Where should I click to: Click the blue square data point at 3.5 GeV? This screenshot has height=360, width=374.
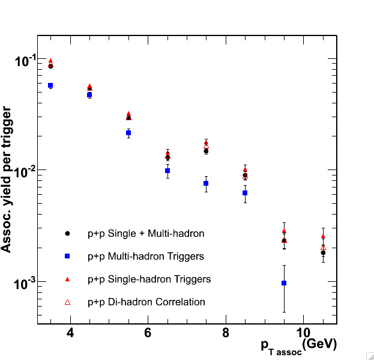pyautogui.click(x=50, y=85)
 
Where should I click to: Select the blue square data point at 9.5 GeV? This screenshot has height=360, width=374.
pyautogui.click(x=284, y=282)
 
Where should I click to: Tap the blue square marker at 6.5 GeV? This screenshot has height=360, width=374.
pyautogui.click(x=167, y=171)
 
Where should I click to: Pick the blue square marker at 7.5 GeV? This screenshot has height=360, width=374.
pyautogui.click(x=206, y=183)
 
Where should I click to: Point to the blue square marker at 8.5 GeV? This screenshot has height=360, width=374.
pyautogui.click(x=245, y=193)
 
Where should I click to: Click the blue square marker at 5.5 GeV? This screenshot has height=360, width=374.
pyautogui.click(x=128, y=132)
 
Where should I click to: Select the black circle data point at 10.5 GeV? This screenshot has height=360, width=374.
pyautogui.click(x=323, y=252)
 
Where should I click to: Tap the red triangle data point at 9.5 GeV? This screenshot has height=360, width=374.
pyautogui.click(x=284, y=231)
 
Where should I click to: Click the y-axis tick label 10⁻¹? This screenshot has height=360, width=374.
pyautogui.click(x=25, y=61)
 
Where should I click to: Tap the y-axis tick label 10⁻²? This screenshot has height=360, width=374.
pyautogui.click(x=25, y=172)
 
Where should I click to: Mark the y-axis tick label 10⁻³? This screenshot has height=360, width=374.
pyautogui.click(x=25, y=283)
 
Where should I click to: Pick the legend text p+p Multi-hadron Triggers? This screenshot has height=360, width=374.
pyautogui.click(x=146, y=257)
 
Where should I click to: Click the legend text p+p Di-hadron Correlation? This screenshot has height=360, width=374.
pyautogui.click(x=146, y=302)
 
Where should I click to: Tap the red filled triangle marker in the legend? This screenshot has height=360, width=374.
pyautogui.click(x=68, y=279)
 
